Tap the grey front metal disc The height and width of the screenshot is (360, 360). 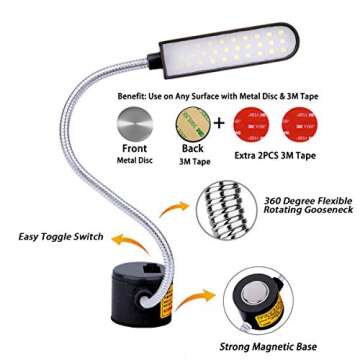click(x=136, y=126)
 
